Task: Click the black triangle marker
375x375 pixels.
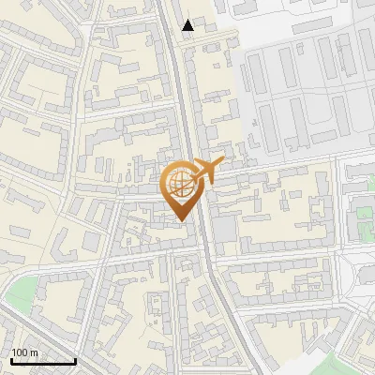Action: point(188,25)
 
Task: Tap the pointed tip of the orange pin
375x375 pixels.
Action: point(181,220)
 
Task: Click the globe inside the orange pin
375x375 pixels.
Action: point(180,183)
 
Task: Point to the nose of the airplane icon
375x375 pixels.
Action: point(221,163)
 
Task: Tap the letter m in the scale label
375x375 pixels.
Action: point(35,352)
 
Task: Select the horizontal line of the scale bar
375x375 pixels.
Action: point(43,362)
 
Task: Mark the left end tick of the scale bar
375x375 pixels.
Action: point(11,360)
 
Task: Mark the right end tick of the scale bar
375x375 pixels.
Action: point(75,360)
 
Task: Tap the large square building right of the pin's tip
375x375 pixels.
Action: point(225,230)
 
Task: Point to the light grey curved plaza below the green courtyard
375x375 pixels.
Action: point(361,272)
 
